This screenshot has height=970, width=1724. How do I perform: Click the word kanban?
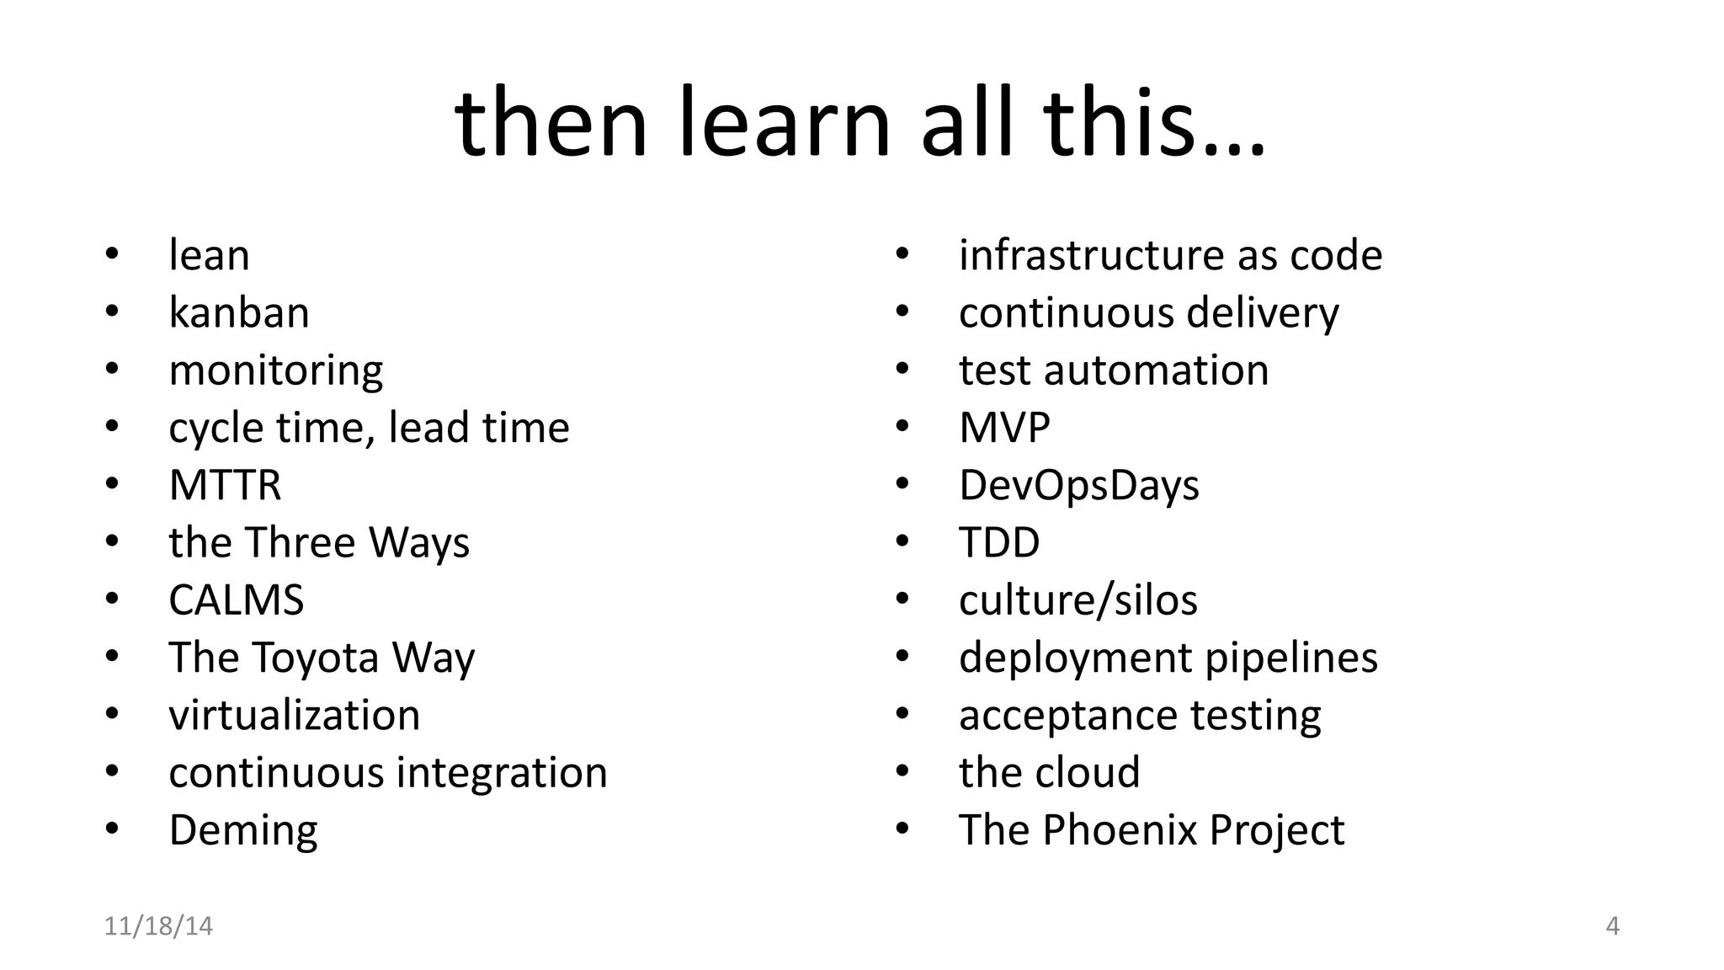click(239, 313)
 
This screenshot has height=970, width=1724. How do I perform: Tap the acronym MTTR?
click(225, 486)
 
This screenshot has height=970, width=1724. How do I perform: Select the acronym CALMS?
click(236, 600)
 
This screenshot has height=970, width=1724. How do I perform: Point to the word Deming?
click(243, 831)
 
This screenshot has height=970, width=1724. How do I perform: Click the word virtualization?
click(294, 716)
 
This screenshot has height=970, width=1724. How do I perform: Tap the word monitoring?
click(275, 371)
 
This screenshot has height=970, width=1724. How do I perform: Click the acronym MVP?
click(1004, 429)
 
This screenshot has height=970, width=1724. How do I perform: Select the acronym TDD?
click(999, 543)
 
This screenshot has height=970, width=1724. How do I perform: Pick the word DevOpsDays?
click(1078, 486)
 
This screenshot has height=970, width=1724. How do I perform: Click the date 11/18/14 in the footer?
click(158, 926)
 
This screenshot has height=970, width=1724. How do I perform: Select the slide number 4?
click(1612, 926)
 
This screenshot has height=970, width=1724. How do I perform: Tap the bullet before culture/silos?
click(902, 599)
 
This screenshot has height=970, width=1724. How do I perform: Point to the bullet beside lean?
click(112, 253)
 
